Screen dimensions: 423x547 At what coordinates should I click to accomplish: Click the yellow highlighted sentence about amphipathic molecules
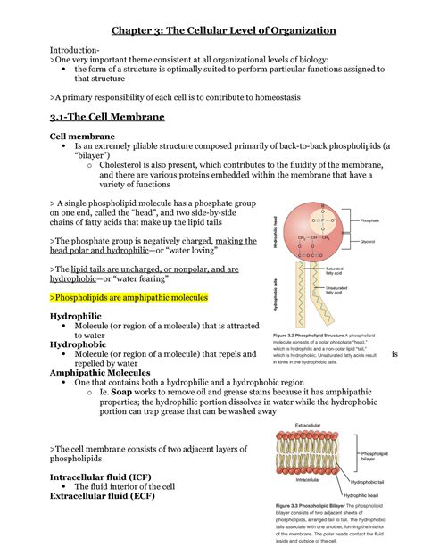(129, 296)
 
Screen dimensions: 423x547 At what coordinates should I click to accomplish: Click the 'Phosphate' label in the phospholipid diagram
(369, 220)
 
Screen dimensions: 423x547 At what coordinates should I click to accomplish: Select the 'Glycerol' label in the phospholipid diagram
(368, 241)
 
